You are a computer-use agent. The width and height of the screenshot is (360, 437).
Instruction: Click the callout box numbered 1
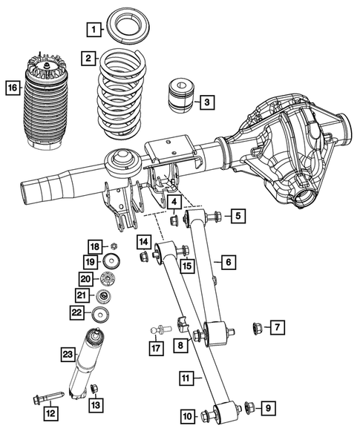(93, 30)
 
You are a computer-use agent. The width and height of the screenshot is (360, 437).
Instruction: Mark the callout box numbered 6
(227, 262)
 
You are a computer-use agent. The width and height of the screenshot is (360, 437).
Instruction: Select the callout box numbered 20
(86, 279)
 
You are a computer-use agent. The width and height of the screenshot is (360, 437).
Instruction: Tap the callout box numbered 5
(237, 216)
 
